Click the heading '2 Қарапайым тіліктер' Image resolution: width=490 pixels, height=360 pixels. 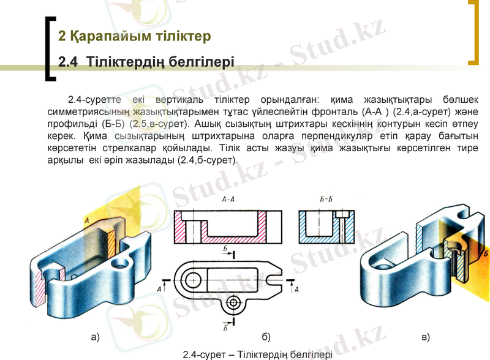pyautogui.click(x=134, y=36)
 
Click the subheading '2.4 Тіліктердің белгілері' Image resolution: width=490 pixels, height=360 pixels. pyautogui.click(x=146, y=62)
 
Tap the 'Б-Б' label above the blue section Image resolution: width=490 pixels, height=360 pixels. pyautogui.click(x=326, y=199)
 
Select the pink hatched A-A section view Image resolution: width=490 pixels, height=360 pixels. pyautogui.click(x=227, y=227)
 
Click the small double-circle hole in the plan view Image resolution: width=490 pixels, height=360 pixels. pyautogui.click(x=233, y=303)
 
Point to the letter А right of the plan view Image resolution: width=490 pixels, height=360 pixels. pyautogui.click(x=297, y=290)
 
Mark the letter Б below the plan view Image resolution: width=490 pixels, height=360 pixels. pyautogui.click(x=225, y=328)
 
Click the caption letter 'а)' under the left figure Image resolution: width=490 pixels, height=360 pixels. pyautogui.click(x=95, y=337)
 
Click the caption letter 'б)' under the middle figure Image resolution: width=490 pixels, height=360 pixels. pyautogui.click(x=266, y=337)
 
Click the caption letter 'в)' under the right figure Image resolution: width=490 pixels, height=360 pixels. pyautogui.click(x=426, y=337)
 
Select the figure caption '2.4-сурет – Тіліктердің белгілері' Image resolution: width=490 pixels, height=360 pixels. pyautogui.click(x=257, y=354)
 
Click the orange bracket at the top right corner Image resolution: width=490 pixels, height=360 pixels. pyautogui.click(x=473, y=34)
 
